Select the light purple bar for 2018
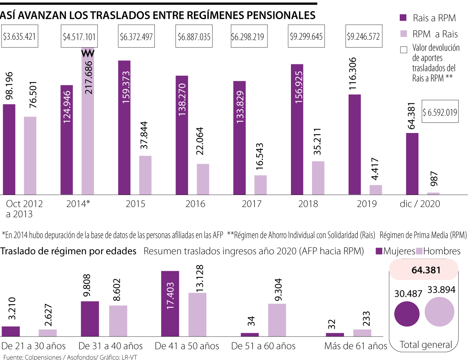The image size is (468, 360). (x=318, y=178)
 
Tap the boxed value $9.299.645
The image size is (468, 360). (x=306, y=37)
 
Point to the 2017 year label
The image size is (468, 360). (x=252, y=204)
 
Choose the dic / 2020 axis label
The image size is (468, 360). (x=420, y=204)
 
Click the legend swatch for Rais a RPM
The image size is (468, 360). (x=403, y=18)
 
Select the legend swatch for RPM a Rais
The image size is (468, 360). (x=403, y=34)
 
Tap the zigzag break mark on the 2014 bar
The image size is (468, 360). (x=87, y=53)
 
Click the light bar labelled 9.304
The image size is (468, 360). (x=277, y=320)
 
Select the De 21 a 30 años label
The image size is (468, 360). (x=34, y=346)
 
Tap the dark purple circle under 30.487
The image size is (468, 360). (x=407, y=314)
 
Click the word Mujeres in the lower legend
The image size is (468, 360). (x=399, y=251)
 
